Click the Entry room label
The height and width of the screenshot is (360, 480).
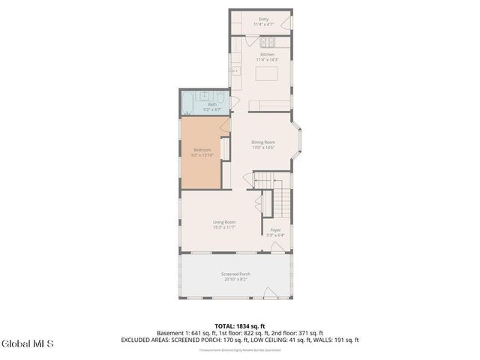[x=263, y=19]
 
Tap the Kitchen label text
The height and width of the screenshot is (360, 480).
[x=268, y=55]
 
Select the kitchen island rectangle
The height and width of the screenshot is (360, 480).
[x=266, y=73]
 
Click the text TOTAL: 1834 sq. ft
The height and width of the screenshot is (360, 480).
[x=239, y=325]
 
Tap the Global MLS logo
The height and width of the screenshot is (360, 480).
[x=28, y=344]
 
